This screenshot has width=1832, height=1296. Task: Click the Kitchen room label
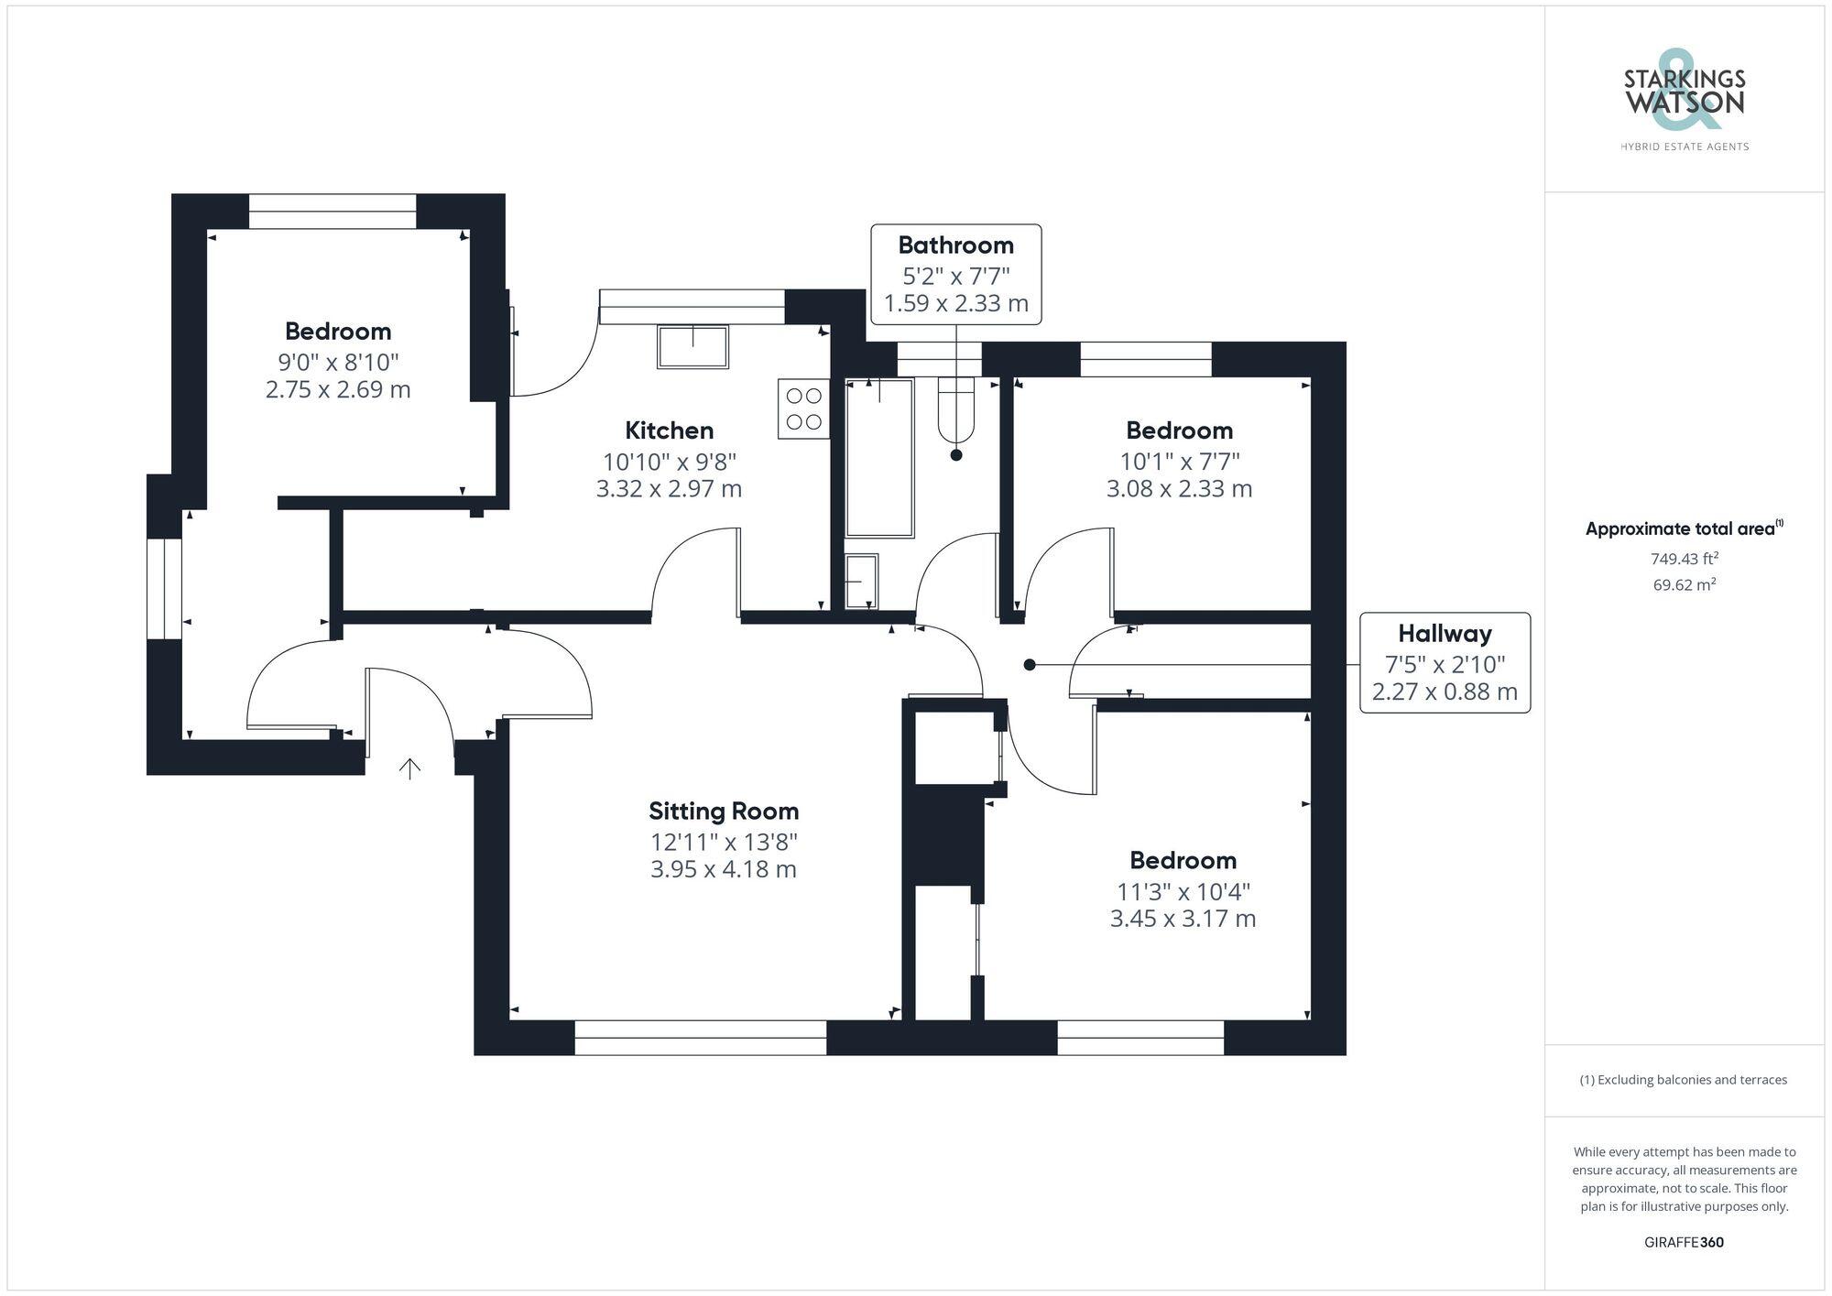(669, 430)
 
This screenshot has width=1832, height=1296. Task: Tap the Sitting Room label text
(724, 811)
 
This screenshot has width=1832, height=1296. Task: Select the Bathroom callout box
(955, 274)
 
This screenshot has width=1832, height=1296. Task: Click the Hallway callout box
(1445, 662)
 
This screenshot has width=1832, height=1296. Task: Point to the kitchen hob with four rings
(803, 408)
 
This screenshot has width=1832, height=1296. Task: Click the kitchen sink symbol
(692, 347)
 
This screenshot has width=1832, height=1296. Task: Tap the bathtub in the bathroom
(879, 457)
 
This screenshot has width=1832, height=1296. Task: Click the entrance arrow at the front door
(409, 768)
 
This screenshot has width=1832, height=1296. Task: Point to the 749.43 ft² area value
(1684, 559)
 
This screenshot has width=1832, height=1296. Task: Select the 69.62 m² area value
(1684, 584)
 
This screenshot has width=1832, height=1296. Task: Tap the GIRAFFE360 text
(1684, 1243)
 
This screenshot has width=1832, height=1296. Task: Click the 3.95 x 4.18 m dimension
(724, 869)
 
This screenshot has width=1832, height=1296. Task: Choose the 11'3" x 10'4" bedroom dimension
(1183, 891)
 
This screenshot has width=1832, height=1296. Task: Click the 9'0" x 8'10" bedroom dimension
(338, 362)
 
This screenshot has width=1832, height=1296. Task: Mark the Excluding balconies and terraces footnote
(1684, 1080)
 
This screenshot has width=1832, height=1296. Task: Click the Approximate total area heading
(1684, 528)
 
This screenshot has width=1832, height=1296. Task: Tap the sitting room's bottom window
(701, 1038)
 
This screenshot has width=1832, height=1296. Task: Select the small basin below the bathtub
(861, 582)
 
